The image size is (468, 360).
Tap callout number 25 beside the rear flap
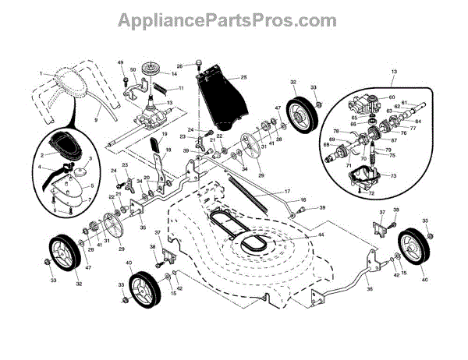coord(243,78)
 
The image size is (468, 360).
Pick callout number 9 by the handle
coord(96,121)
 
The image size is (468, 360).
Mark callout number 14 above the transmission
coord(173,73)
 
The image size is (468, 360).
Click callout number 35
coord(142,227)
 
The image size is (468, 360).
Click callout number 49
coord(121,62)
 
